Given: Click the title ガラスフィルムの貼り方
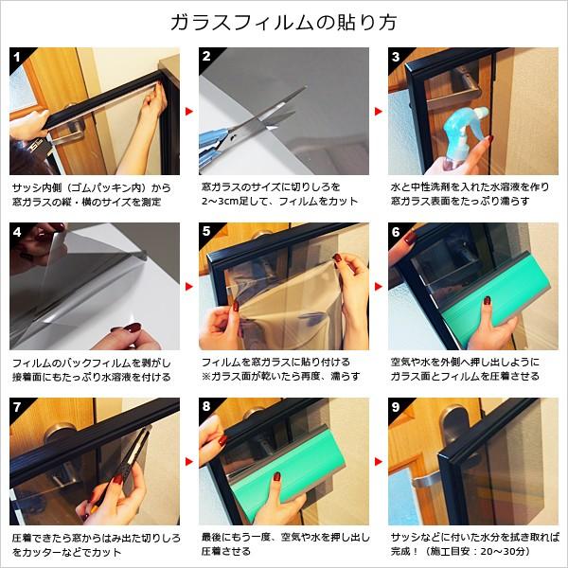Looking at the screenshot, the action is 284,23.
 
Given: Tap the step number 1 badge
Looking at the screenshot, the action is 17,57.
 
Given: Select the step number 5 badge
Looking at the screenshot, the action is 206,231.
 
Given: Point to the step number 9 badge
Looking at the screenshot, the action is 396,407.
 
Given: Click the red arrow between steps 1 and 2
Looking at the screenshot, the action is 189,111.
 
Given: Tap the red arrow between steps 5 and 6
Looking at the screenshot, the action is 379,287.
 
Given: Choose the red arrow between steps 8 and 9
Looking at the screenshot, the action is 379,462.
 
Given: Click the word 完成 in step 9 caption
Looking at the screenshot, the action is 400,551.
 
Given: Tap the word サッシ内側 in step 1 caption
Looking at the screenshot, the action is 33,187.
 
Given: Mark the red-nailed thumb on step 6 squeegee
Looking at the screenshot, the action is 487,308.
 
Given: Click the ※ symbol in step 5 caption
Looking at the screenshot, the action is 206,377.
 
